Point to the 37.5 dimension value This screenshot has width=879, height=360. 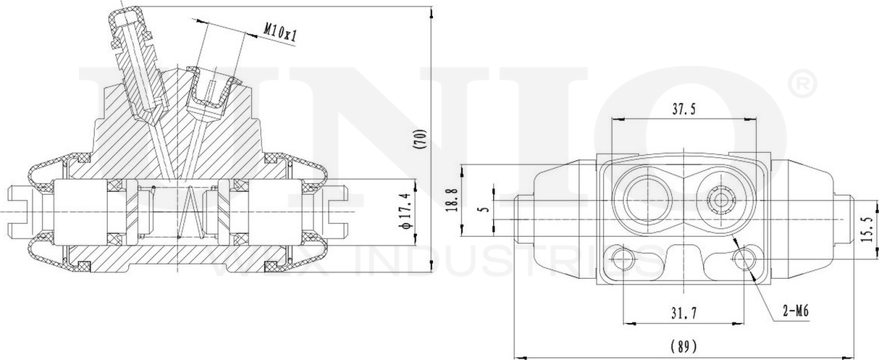pos(683,109)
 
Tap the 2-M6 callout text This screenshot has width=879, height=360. pos(795,312)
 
